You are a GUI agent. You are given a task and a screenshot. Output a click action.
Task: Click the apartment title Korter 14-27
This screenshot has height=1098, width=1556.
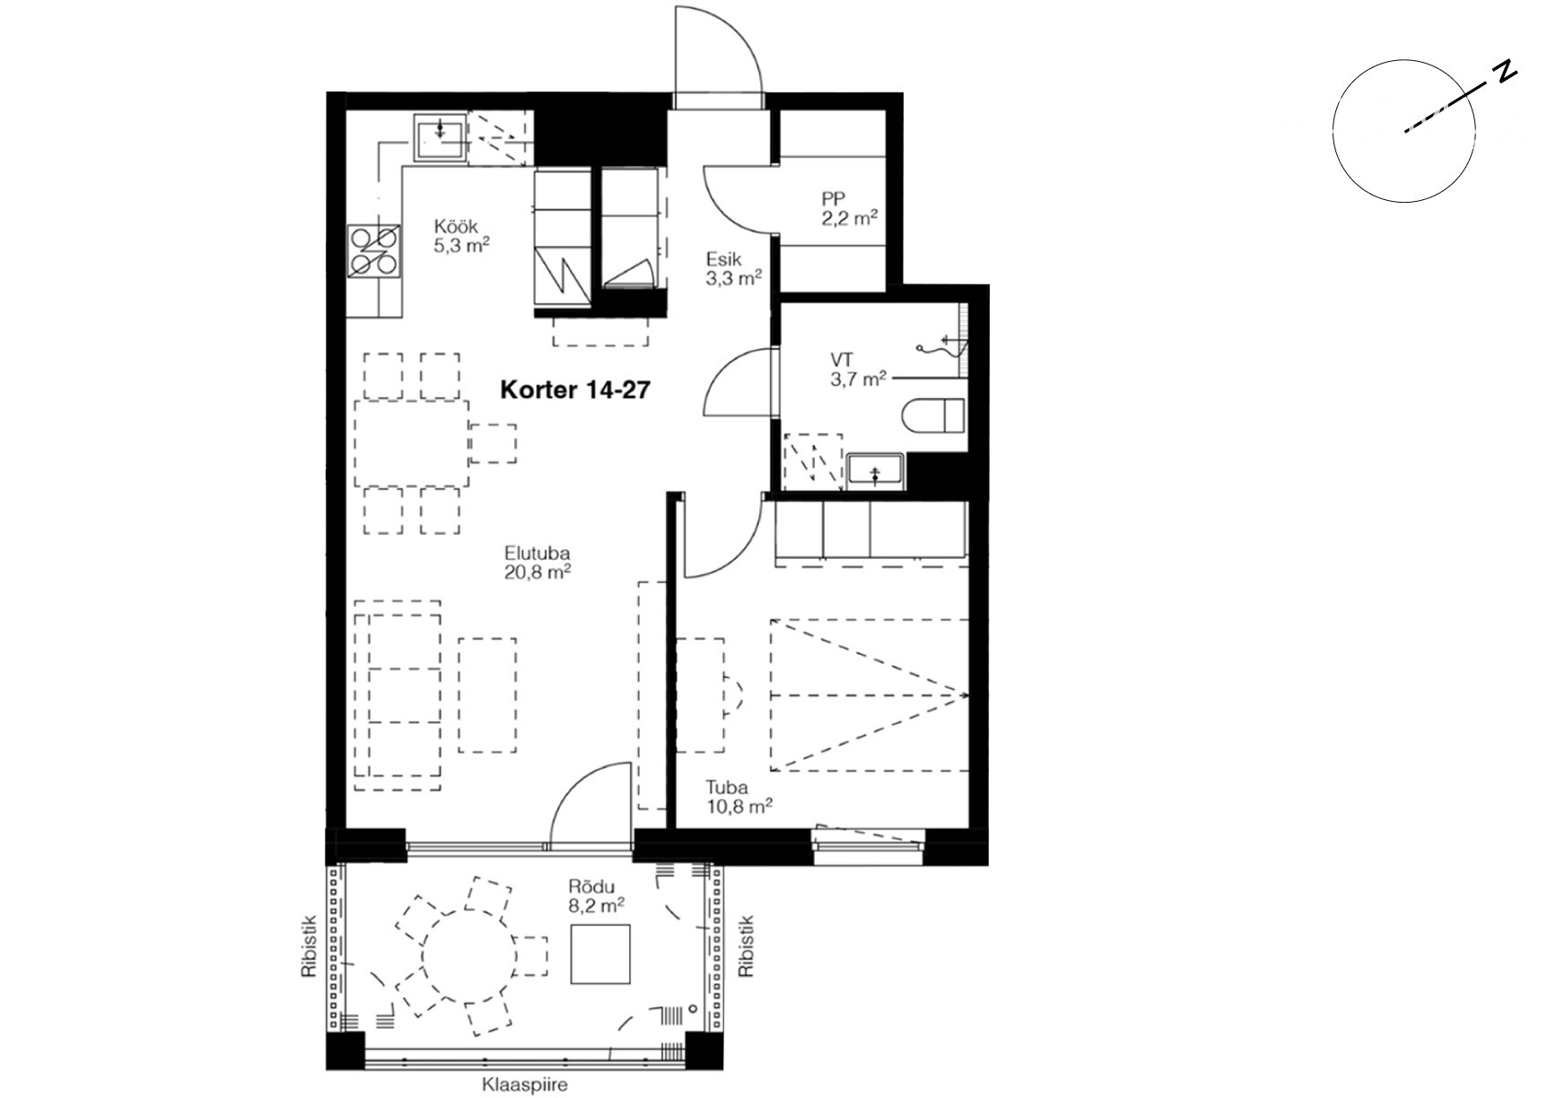[574, 390]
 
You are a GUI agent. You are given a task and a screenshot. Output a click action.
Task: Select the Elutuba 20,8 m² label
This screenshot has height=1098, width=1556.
[538, 563]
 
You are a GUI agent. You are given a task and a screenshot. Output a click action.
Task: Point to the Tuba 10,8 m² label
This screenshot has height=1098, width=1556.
[739, 797]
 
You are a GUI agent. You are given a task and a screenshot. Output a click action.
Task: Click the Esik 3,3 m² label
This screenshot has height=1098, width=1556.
[733, 268]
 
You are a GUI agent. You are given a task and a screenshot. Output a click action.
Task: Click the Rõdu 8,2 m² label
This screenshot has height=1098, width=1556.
[597, 897]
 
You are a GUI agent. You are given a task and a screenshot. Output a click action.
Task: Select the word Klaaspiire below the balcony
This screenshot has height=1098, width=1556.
[525, 1085]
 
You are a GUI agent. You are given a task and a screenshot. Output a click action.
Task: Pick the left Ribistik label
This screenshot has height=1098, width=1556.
[310, 945]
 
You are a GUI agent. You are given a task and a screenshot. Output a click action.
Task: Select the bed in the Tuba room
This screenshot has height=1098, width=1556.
[869, 694]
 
